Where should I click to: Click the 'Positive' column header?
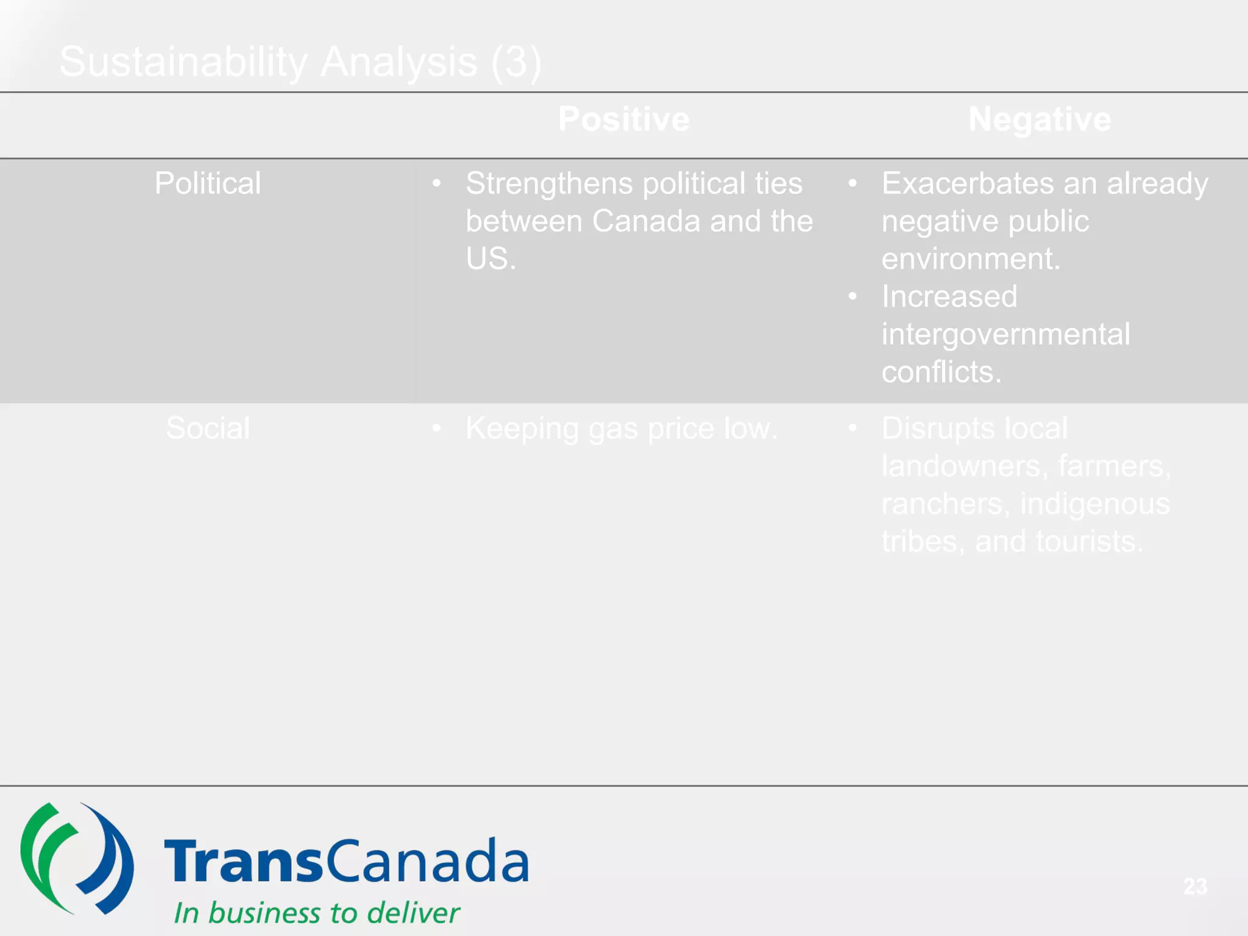point(623,119)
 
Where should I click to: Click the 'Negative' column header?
point(1040,119)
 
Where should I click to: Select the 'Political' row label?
point(208,183)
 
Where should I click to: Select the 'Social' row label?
point(208,428)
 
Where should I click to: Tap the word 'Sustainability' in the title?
point(183,62)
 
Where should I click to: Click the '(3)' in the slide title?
point(516,62)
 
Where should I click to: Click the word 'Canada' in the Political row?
point(645,221)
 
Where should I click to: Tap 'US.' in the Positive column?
point(491,258)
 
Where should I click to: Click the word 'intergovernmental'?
point(1005,334)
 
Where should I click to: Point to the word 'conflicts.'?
point(941,372)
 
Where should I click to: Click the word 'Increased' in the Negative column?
point(949,296)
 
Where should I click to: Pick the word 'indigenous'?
point(1094,504)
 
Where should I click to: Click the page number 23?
point(1195,886)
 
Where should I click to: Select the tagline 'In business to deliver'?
point(317,913)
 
